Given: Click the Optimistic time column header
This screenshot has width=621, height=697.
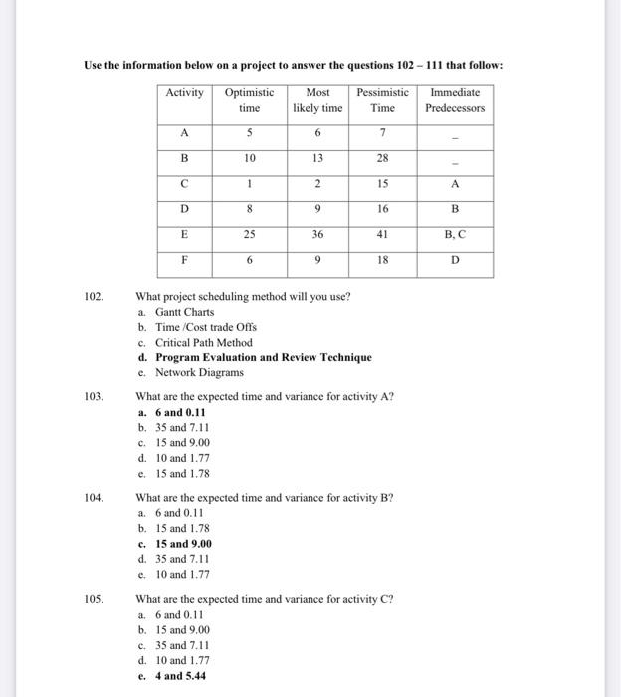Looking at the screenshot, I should [250, 100].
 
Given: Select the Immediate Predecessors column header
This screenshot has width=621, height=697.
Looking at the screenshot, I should [455, 100].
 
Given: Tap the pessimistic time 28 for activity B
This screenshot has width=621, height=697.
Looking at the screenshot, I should [382, 158].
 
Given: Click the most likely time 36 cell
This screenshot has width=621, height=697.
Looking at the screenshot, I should [317, 236].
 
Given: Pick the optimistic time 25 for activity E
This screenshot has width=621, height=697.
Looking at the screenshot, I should [250, 236].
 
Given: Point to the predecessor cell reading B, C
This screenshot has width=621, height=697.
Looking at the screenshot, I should [455, 236].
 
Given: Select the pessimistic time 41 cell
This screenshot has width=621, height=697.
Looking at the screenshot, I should [382, 236].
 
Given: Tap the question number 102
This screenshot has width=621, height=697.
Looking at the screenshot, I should [95, 296].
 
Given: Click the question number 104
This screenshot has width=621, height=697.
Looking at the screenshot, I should [95, 496].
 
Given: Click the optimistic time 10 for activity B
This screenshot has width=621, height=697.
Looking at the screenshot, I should [250, 158].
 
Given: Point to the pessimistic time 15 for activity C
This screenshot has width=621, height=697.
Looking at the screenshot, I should [382, 184].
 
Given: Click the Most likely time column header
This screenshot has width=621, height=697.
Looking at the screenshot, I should [317, 100].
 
